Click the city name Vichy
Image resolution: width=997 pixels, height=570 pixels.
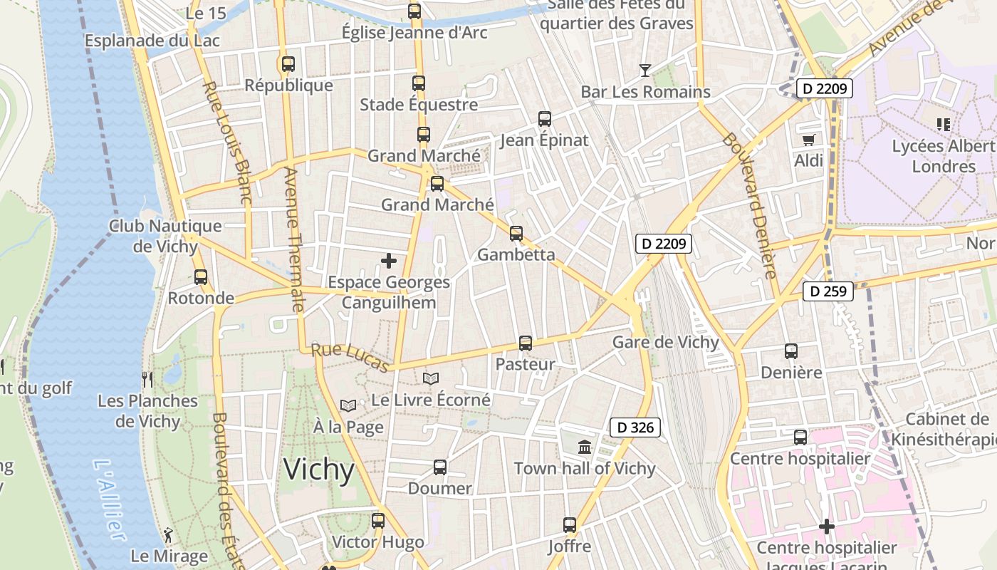(x=319, y=470)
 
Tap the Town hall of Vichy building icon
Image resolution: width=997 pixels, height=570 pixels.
(x=585, y=447)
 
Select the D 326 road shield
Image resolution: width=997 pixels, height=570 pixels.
(x=635, y=427)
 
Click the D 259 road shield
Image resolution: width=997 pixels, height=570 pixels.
(x=828, y=291)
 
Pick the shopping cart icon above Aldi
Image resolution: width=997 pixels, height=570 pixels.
(x=808, y=140)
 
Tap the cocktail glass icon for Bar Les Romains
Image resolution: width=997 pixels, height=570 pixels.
(x=644, y=70)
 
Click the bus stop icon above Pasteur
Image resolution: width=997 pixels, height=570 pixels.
(x=526, y=343)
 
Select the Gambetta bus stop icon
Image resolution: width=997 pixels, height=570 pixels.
(x=516, y=233)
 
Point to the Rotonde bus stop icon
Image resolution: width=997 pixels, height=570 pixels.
(x=201, y=276)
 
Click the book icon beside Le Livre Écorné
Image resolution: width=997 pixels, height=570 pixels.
(x=431, y=378)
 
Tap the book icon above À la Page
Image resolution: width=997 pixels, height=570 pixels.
(x=348, y=405)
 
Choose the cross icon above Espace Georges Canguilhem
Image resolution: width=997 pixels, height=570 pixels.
(x=389, y=261)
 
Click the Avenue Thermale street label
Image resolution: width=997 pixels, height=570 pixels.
(x=293, y=239)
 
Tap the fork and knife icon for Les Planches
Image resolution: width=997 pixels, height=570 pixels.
(x=147, y=379)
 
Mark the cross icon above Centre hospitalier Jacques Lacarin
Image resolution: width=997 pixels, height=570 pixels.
(x=827, y=527)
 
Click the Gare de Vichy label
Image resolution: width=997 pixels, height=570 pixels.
(x=666, y=342)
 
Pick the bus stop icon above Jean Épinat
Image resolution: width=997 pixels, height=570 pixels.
(x=545, y=119)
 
